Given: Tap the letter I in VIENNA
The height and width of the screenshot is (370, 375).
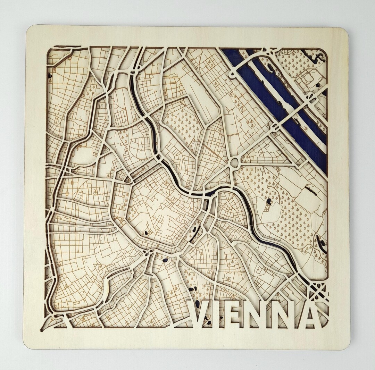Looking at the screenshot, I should (223, 314).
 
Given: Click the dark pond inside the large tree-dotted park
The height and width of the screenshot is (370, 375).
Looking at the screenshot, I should (269, 201).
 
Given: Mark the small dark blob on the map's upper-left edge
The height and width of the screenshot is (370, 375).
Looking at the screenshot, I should (50, 75).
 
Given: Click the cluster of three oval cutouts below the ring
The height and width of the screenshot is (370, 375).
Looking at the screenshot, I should (192, 288).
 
